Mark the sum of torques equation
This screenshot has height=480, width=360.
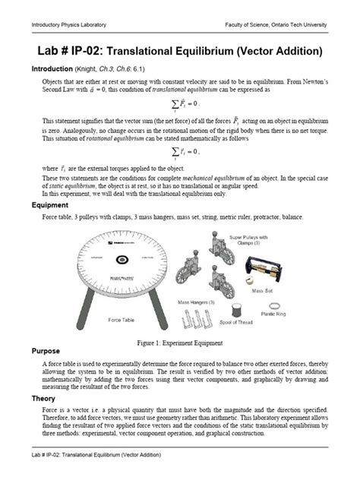point(181,151)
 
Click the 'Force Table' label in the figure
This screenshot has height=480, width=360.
point(122,320)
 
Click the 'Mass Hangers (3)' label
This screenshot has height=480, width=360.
point(196,302)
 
